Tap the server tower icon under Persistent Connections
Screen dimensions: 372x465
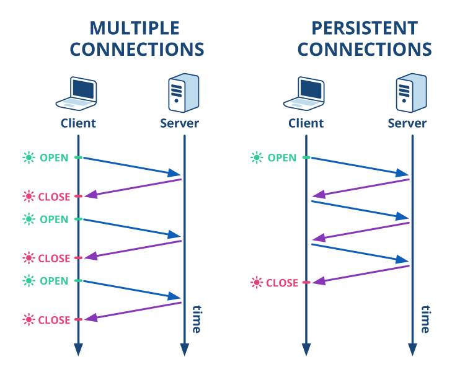[x=410, y=92]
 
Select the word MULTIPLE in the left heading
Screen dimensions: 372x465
[x=135, y=28]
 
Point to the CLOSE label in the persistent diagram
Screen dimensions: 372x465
[x=282, y=283]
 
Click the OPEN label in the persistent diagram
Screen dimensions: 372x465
[x=281, y=157]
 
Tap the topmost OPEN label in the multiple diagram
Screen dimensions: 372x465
[x=54, y=157]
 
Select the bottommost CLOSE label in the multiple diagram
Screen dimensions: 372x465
[x=55, y=320]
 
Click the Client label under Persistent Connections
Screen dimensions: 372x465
[x=306, y=123]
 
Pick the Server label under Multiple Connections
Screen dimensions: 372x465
[x=179, y=123]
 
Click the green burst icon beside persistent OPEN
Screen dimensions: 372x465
[x=257, y=157]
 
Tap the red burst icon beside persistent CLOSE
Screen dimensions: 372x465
[x=257, y=283]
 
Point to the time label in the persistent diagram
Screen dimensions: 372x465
[x=425, y=319]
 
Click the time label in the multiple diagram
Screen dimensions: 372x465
[x=197, y=319]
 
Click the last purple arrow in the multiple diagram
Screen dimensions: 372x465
[x=133, y=311]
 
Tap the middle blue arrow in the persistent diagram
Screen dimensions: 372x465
[x=360, y=209]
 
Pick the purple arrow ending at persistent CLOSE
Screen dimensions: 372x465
[x=360, y=274]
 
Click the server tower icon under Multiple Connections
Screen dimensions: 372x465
[x=183, y=92]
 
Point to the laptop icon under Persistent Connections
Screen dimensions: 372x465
[x=305, y=93]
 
